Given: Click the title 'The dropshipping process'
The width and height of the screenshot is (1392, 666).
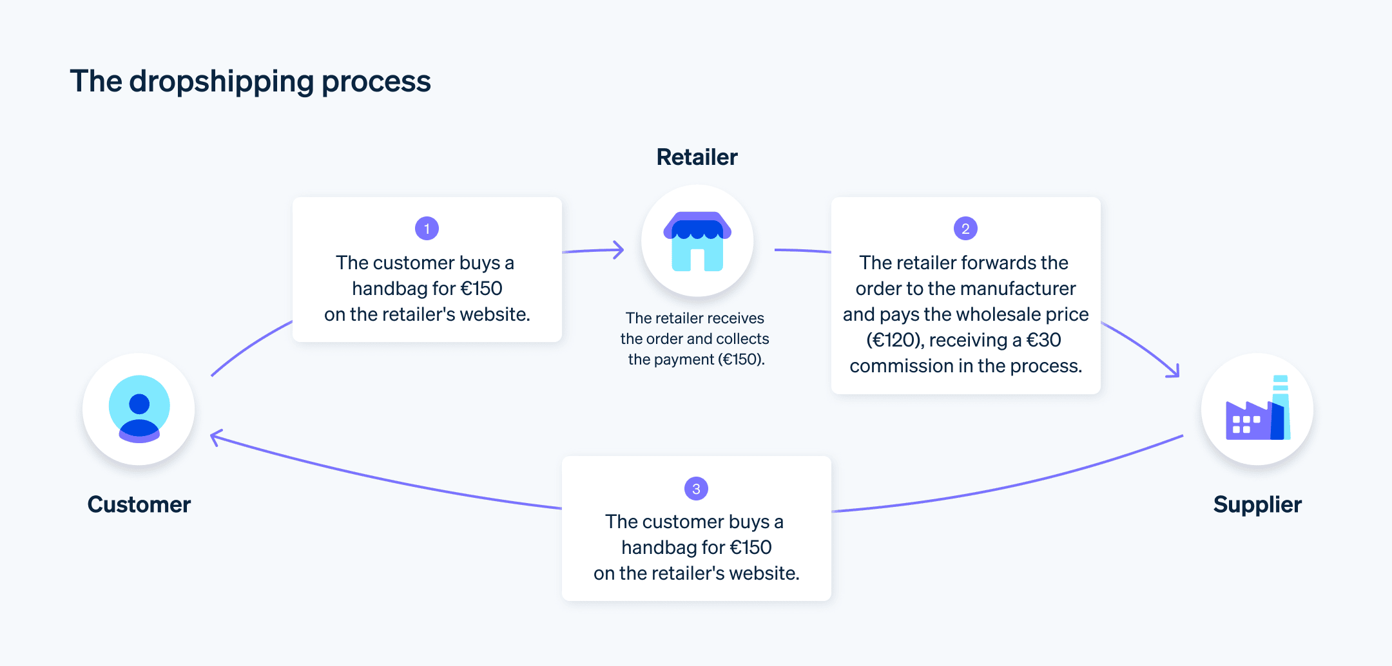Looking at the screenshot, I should point(250,82).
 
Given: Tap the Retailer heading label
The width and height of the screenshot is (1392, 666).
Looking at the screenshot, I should point(697,157).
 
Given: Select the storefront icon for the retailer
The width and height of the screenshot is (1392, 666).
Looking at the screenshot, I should point(697,242).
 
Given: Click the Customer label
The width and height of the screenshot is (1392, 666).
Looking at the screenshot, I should point(139,504).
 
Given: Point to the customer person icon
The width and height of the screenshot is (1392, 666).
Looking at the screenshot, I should point(139,409).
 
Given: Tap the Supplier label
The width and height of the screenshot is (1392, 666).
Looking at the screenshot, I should point(1257,504).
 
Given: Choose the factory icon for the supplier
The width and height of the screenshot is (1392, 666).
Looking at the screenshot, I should point(1257,409).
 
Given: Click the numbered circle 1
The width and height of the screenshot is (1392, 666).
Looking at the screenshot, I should point(427,229).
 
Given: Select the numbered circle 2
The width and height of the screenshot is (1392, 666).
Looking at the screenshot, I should point(965,229).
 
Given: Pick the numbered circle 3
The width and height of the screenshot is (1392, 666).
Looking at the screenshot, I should point(696,489).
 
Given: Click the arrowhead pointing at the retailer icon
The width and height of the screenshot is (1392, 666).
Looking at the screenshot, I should point(619,250).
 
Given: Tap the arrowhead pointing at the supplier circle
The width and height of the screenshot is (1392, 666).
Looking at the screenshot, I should point(1174,372).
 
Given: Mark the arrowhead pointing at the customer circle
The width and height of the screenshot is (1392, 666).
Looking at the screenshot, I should point(217,437).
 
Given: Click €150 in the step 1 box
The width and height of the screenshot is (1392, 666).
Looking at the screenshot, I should point(481,289).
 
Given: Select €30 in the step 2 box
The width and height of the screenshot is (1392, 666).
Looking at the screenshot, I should point(1043,340).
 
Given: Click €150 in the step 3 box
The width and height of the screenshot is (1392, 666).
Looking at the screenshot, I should point(751,547).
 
